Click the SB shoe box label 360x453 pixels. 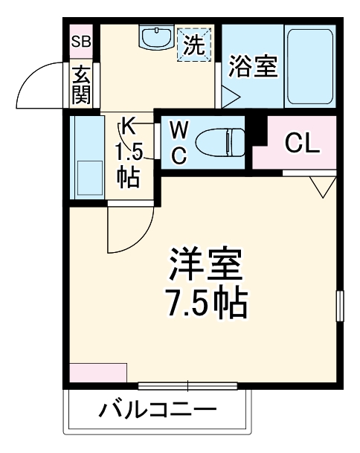tap(80, 42)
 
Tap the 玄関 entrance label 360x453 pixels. tap(80, 84)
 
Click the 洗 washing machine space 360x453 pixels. tap(193, 44)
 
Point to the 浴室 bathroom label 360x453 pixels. tap(253, 67)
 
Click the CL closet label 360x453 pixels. tap(303, 144)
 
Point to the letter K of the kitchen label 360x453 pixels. tap(129, 126)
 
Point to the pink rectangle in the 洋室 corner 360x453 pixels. tap(98, 372)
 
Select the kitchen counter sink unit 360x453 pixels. tap(88, 158)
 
